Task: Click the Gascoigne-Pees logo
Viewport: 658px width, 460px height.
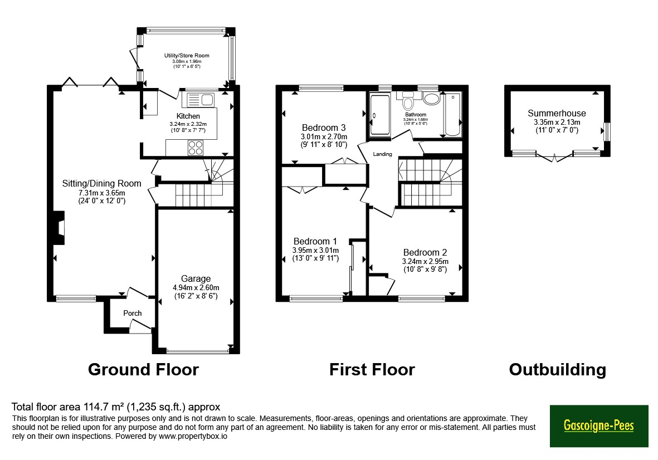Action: (599, 425)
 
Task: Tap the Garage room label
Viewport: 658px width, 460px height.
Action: (196, 279)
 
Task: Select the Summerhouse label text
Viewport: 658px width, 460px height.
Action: (557, 113)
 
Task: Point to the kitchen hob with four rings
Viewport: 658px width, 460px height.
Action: (196, 148)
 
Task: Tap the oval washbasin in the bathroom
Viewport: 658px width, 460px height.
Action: (431, 99)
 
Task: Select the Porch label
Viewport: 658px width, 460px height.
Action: (133, 313)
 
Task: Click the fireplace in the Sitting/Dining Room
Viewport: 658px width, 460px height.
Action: (59, 228)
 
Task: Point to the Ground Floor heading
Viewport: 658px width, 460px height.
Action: (144, 369)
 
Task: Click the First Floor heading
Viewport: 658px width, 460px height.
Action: (372, 369)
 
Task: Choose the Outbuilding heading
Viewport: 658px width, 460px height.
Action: (558, 369)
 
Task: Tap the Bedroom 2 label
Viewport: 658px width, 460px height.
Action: (425, 252)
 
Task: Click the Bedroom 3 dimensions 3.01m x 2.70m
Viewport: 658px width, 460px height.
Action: (324, 136)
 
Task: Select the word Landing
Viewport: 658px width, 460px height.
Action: (383, 154)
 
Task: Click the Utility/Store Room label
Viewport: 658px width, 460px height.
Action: (187, 55)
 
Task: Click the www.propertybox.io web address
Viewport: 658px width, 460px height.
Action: (193, 436)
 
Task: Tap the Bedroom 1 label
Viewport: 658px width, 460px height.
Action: (315, 242)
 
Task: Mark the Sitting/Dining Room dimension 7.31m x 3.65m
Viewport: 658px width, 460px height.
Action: (102, 193)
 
